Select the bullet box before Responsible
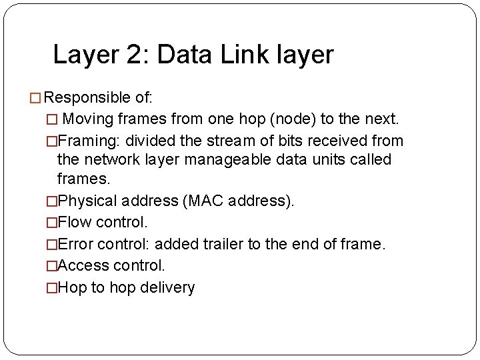pos(37,99)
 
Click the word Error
pos(75,244)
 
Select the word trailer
pos(224,244)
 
